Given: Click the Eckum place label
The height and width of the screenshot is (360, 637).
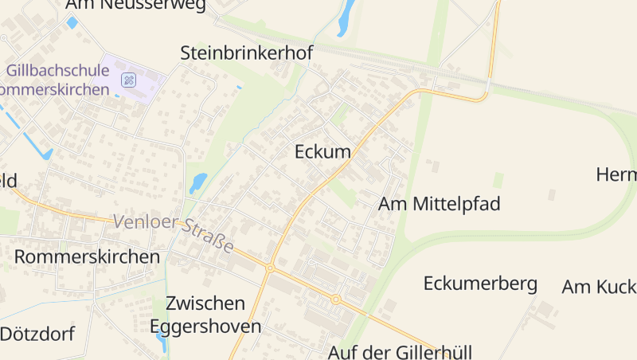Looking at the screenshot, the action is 322,151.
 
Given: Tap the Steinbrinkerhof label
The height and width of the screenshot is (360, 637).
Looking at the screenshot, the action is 247,53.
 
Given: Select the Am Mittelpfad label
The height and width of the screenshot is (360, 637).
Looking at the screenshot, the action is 439,204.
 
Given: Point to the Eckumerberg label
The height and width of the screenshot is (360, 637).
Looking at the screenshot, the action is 480,284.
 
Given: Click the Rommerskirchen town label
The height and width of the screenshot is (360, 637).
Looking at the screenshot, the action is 88,256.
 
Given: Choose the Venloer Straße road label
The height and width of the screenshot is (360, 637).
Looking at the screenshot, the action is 174,233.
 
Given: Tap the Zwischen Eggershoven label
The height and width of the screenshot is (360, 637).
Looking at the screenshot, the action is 205,315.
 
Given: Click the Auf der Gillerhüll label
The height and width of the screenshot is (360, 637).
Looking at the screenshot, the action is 401,351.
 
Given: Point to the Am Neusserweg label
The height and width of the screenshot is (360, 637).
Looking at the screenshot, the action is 135,6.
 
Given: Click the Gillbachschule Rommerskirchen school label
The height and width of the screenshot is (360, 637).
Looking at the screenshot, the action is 56,80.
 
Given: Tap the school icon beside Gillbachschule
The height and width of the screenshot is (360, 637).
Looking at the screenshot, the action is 129,80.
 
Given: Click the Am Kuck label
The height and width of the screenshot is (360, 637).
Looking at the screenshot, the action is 599,287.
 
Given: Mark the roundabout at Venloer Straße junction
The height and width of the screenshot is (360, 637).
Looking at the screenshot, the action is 270,268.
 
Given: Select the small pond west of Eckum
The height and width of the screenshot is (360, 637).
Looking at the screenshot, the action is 197,183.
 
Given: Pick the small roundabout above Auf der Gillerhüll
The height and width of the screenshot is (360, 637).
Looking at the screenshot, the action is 336,300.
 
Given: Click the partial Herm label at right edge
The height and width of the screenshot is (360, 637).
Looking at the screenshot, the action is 617,174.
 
